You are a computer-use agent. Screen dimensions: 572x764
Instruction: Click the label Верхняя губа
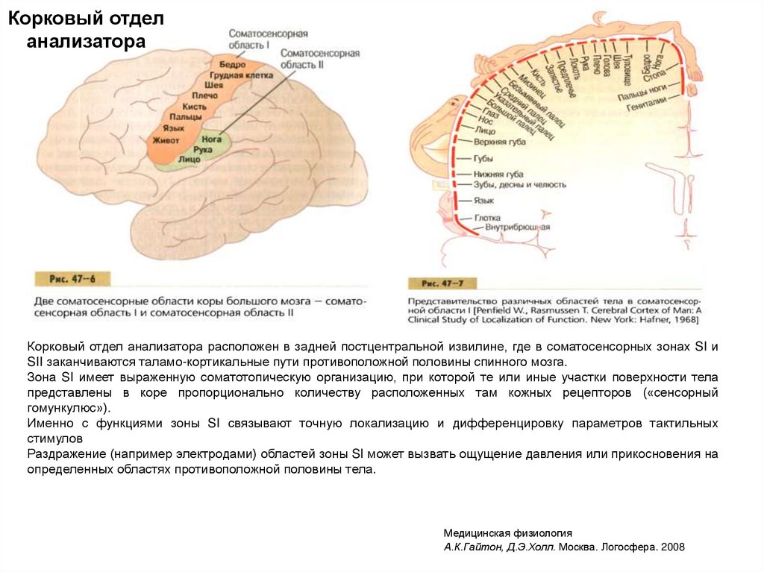coord(499,142)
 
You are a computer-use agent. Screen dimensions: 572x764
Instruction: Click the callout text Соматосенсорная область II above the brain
coord(319,59)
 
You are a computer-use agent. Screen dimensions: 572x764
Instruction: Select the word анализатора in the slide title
coord(86,40)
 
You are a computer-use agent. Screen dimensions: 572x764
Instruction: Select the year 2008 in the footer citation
coord(671,547)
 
